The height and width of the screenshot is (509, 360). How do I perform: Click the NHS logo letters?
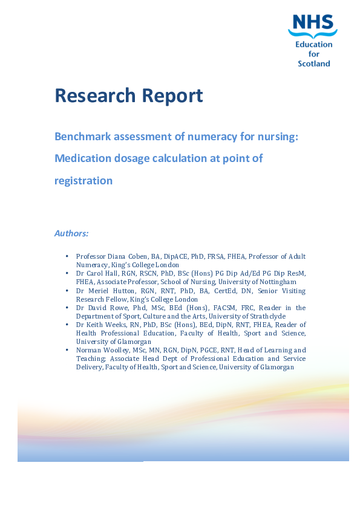click(x=312, y=23)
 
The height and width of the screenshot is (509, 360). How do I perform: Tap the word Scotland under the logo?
click(x=314, y=63)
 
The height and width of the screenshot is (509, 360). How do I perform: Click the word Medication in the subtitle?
click(x=82, y=158)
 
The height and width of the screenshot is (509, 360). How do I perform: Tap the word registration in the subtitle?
click(x=83, y=180)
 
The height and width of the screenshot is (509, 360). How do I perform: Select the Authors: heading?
click(x=71, y=233)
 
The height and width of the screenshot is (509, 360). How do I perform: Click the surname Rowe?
click(x=119, y=308)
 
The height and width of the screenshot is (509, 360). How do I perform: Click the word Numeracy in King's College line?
click(x=92, y=265)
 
